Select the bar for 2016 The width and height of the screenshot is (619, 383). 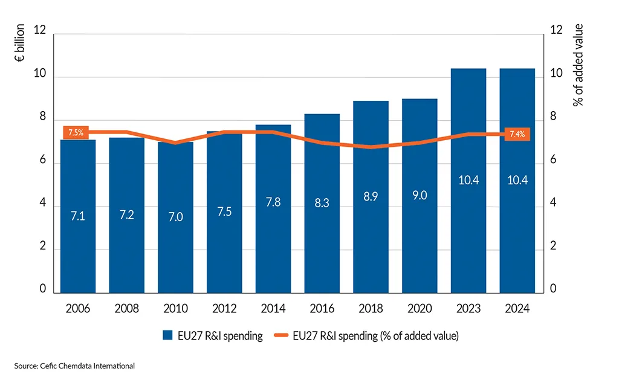point(322,242)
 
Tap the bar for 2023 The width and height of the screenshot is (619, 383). point(468,230)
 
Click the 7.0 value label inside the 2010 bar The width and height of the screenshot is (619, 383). point(175,217)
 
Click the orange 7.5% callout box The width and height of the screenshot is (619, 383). point(76,132)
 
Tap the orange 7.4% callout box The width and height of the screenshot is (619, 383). point(517,134)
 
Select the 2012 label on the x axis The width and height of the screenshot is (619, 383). point(224,309)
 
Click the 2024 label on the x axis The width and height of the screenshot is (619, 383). point(517,309)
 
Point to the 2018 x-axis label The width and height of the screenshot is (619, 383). point(371,309)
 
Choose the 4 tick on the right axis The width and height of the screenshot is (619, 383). point(553,204)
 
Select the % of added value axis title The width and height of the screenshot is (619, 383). point(578,65)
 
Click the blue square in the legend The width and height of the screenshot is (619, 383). point(167,336)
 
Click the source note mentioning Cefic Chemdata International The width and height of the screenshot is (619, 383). point(74,366)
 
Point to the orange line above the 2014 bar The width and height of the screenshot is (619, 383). point(273,132)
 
